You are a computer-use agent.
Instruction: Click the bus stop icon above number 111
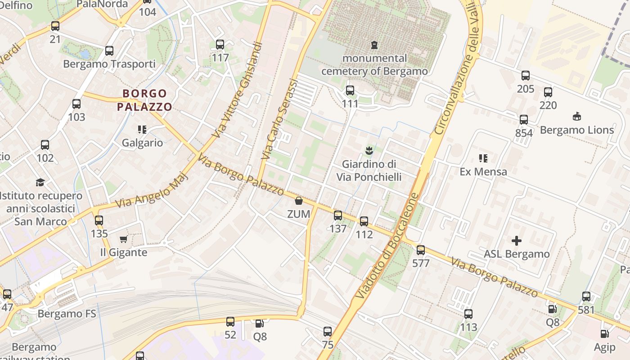tap(350, 90)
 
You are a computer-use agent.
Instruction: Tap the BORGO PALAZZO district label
tap(144, 100)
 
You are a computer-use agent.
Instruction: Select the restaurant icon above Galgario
tap(142, 130)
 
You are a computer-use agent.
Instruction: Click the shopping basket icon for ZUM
tap(298, 201)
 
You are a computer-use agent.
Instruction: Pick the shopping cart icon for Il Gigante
tap(123, 239)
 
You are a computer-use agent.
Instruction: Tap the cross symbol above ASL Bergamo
tap(517, 241)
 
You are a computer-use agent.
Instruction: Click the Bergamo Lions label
tap(576, 130)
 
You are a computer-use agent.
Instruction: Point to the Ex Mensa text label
tap(483, 171)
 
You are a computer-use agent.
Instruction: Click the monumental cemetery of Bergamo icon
tap(374, 45)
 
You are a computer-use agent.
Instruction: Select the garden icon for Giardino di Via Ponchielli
tap(369, 150)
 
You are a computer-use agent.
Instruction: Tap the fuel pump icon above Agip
tap(605, 334)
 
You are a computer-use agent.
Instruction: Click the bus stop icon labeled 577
tap(421, 250)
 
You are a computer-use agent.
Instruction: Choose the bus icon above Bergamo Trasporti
tap(109, 50)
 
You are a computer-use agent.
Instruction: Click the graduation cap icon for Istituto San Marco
tap(40, 182)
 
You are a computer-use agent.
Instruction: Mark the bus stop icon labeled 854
tap(524, 120)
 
